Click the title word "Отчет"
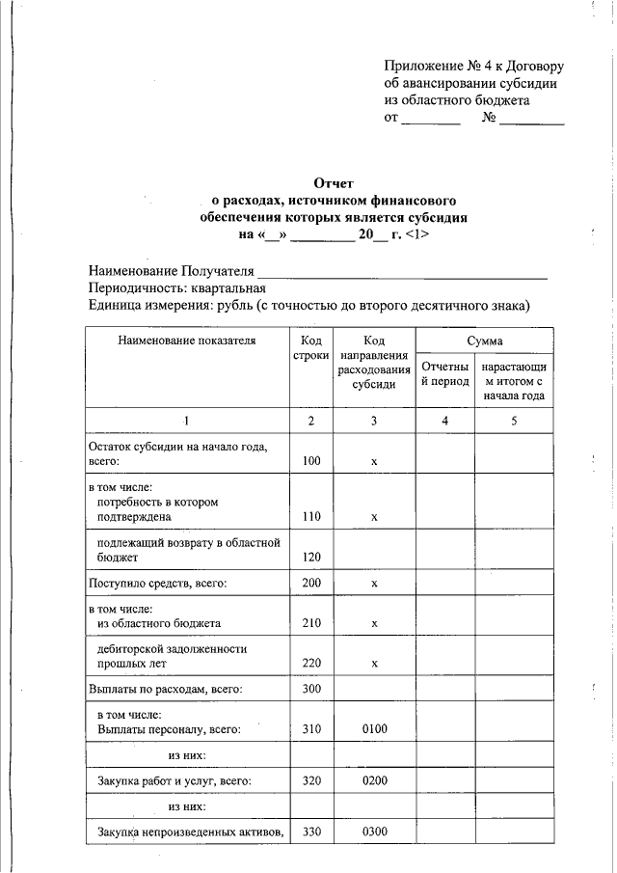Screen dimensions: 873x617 335,183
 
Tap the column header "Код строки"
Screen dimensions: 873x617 310,349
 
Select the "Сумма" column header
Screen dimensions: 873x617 485,341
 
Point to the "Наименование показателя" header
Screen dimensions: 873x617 187,341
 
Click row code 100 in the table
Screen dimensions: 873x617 310,462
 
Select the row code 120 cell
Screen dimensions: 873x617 310,558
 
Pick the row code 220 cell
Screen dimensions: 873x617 310,664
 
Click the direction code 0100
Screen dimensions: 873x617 374,729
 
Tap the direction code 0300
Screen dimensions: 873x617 374,832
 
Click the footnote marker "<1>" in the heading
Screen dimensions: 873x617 417,234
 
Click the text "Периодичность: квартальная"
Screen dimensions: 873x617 176,288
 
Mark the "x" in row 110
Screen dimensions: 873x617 374,517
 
